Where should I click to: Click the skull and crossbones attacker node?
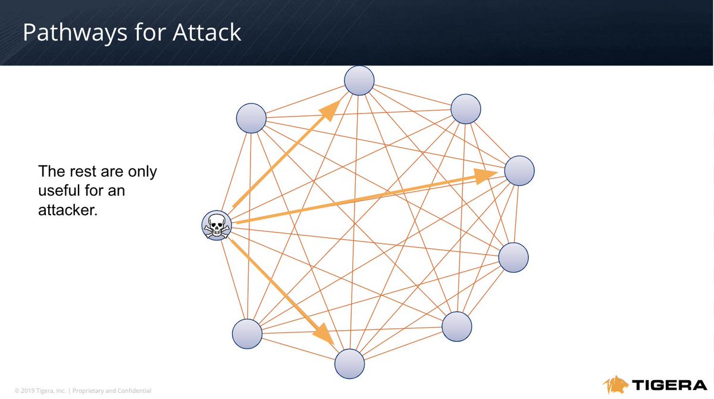[216, 227]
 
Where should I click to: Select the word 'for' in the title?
[139, 33]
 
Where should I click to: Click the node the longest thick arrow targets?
[519, 171]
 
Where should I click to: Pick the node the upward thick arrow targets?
[359, 80]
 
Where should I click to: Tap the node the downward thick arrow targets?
[349, 363]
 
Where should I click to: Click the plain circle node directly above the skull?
[251, 118]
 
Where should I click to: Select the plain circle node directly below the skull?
[247, 334]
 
